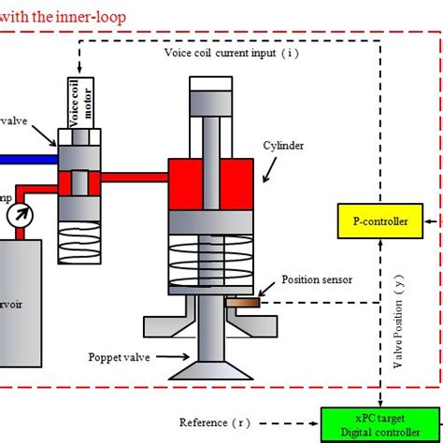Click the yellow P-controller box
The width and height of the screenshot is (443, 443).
374,221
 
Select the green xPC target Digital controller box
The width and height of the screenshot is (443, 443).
377,423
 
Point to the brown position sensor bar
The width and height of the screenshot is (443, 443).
241,301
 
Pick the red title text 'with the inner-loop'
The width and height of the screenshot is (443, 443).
62,16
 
